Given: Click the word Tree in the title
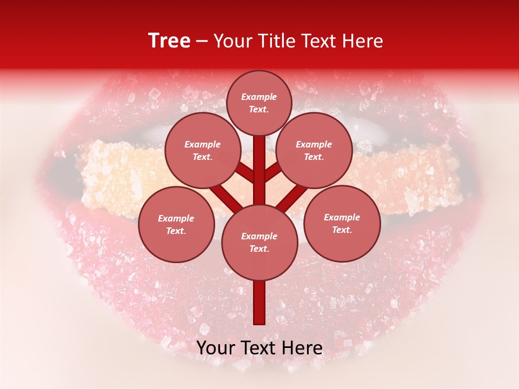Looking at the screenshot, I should pyautogui.click(x=169, y=41).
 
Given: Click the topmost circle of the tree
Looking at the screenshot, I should pyautogui.click(x=259, y=103).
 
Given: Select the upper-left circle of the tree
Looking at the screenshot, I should pyautogui.click(x=202, y=150).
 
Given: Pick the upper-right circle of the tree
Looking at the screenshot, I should pyautogui.click(x=314, y=150).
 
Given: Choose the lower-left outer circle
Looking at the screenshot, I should pyautogui.click(x=176, y=224).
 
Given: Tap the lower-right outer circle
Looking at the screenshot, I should pyautogui.click(x=342, y=223).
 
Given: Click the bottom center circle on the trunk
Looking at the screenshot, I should pyautogui.click(x=259, y=243).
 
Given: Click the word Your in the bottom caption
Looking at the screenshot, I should pyautogui.click(x=216, y=348).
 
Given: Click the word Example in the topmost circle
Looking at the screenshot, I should pyautogui.click(x=259, y=97).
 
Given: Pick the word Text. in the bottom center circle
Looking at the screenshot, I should pyautogui.click(x=259, y=249).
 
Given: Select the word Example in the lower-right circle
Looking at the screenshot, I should pyautogui.click(x=342, y=217).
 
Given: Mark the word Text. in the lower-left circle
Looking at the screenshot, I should pyautogui.click(x=176, y=231).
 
